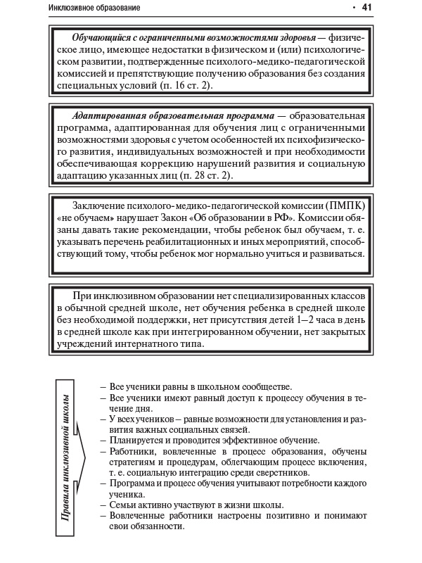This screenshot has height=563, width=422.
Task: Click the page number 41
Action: click(366, 8)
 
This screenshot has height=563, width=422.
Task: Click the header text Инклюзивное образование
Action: click(94, 8)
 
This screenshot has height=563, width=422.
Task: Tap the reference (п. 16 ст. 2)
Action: click(178, 85)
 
